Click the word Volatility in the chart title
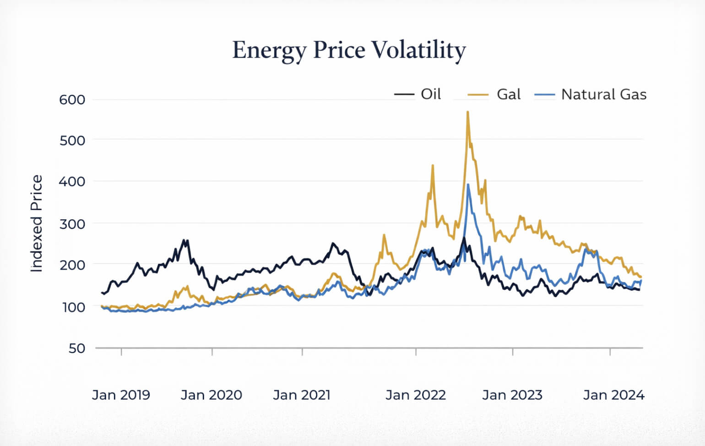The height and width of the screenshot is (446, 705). tap(418, 50)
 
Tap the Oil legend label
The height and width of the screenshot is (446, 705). tap(431, 94)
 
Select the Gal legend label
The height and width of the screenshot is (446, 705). tap(509, 94)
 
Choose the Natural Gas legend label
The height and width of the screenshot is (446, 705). tap(603, 94)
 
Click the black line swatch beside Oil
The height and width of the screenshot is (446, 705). tap(404, 95)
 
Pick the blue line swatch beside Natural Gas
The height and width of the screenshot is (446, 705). tap(544, 95)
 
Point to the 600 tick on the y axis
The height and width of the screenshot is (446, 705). tap(72, 99)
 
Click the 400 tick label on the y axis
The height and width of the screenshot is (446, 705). tap(72, 181)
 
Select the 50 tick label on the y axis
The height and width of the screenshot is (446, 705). tap(77, 348)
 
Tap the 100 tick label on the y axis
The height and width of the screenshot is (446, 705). tap(73, 307)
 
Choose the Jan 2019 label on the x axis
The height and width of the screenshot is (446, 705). tap(121, 395)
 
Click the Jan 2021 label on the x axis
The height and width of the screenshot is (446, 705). tap(302, 395)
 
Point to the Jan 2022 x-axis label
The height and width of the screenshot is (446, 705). tap(415, 395)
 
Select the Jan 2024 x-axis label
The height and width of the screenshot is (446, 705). tap(613, 395)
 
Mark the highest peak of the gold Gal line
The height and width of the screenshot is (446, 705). tap(467, 112)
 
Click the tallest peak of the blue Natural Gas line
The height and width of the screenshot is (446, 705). tap(468, 185)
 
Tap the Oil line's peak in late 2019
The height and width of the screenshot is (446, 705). tap(184, 240)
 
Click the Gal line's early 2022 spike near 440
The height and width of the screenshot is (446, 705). tap(433, 165)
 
